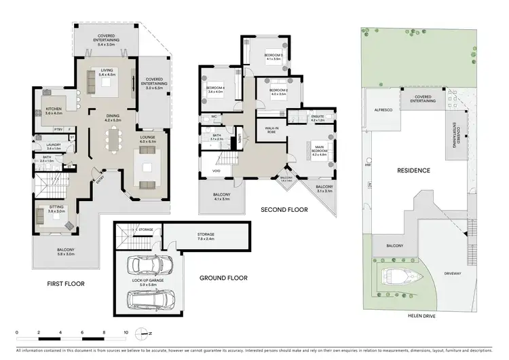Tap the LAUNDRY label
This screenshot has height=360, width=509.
(54, 145)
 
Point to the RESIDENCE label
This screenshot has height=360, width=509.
(415, 170)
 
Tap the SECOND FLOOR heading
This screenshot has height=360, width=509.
(284, 210)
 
